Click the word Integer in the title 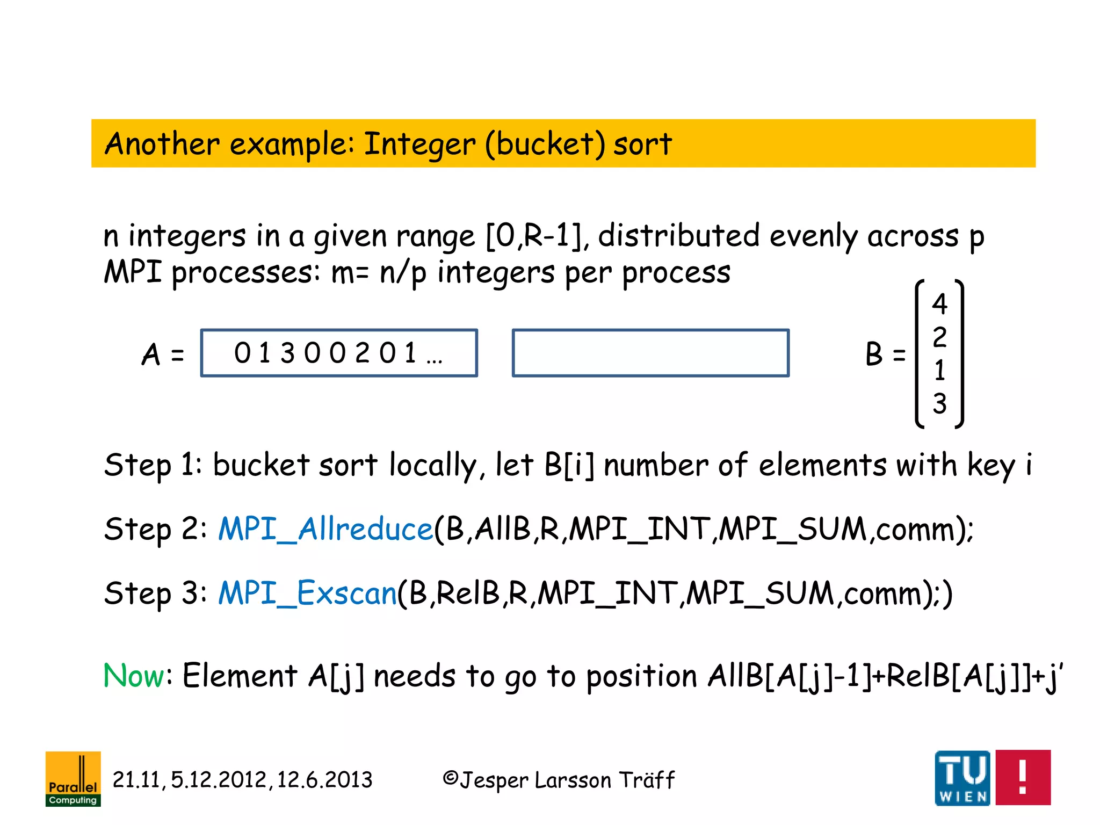tap(419, 144)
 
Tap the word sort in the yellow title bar tap(642, 144)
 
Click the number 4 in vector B tap(939, 304)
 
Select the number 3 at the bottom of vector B tap(939, 403)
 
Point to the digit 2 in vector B tap(939, 337)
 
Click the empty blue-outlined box tap(650, 353)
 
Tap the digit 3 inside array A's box tap(287, 353)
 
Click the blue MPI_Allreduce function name tap(325, 529)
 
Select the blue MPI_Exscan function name tap(307, 594)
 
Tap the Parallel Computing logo tap(73, 778)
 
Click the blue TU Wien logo tap(962, 778)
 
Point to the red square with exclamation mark tap(1023, 777)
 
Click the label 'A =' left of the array tap(163, 354)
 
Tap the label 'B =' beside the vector tap(885, 354)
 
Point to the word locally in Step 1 tap(432, 465)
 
